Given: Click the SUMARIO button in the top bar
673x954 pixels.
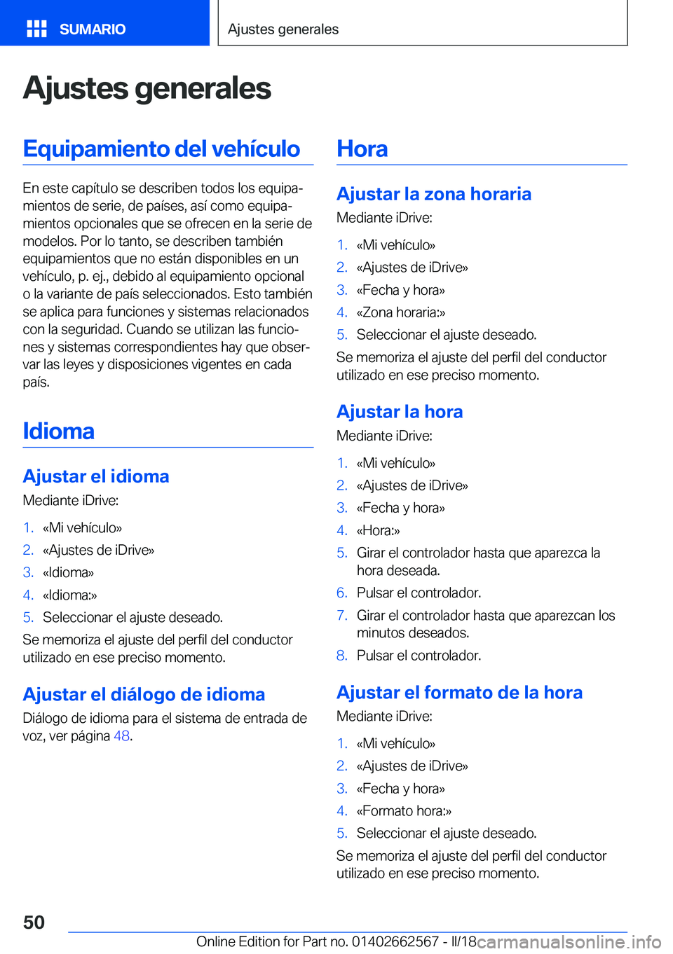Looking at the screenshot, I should click(92, 29).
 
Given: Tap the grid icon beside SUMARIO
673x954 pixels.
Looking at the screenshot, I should click(36, 29).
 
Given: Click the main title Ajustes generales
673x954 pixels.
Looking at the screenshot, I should click(147, 88).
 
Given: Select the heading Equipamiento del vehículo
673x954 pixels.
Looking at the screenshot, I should click(161, 148).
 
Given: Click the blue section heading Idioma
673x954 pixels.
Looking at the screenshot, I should click(58, 431).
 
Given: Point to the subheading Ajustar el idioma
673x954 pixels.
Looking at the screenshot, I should click(96, 476).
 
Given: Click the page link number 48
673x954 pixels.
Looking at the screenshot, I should click(121, 736).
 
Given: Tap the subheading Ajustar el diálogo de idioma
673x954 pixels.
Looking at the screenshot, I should click(144, 694).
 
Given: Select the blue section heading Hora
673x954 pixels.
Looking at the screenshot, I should click(362, 148).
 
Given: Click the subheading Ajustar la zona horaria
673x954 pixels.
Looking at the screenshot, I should click(433, 194).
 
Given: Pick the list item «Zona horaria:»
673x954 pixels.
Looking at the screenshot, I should click(401, 312).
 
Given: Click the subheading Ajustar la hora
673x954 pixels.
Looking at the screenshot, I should click(400, 412).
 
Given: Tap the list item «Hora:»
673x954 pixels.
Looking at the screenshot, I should click(379, 530).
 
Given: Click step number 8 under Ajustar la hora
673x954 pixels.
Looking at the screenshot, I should click(341, 656).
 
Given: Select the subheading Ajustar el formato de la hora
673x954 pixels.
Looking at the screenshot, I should click(459, 693).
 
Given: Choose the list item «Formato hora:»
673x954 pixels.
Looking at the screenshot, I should click(404, 811).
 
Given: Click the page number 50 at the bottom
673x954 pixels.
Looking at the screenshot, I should click(34, 922).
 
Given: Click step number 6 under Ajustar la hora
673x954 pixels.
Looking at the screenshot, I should click(341, 593).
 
